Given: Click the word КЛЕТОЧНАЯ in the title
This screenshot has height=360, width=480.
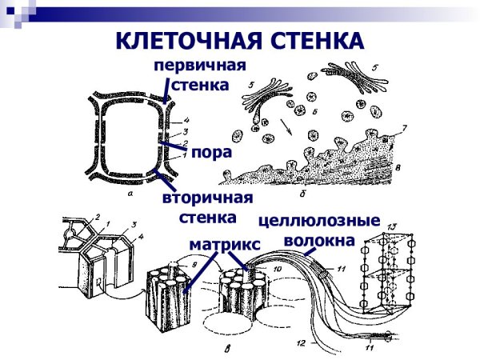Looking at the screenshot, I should (x=186, y=42).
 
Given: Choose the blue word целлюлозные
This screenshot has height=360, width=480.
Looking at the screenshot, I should (x=317, y=219).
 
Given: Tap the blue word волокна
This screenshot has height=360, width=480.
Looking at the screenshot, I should (x=318, y=239).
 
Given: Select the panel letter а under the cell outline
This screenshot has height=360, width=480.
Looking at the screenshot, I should (x=130, y=192).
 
